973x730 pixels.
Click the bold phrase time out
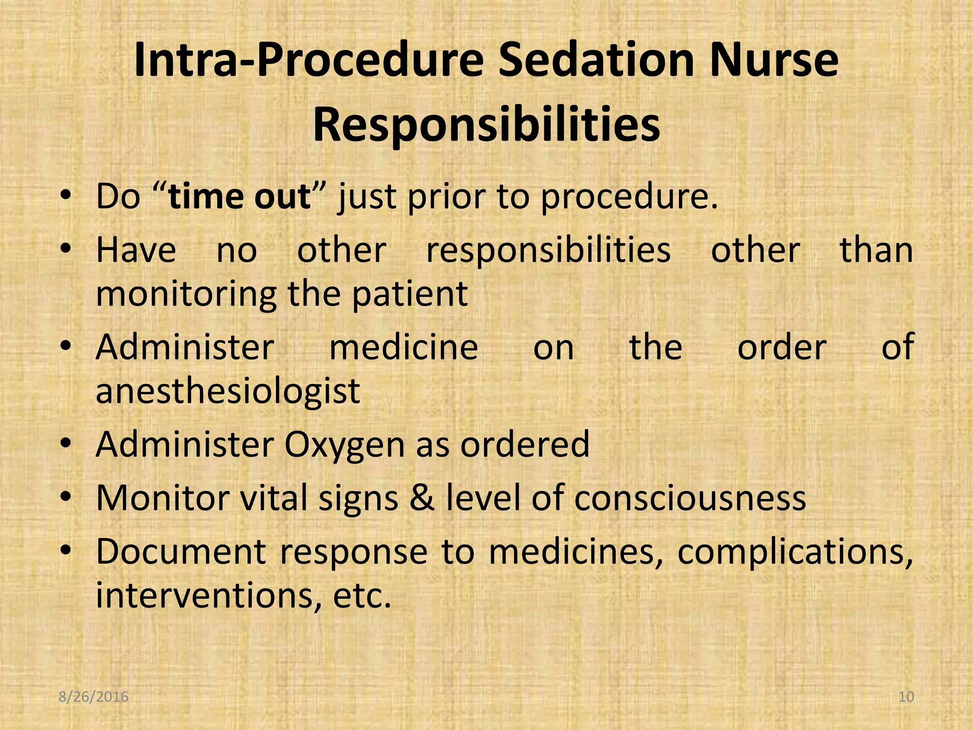pyautogui.click(x=239, y=196)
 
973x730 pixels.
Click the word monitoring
pyautogui.click(x=186, y=295)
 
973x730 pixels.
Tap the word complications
pyautogui.click(x=795, y=552)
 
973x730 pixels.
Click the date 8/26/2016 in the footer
pyautogui.click(x=94, y=697)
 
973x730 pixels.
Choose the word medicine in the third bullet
pyautogui.click(x=404, y=347)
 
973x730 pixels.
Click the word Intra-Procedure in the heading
pyautogui.click(x=308, y=61)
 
